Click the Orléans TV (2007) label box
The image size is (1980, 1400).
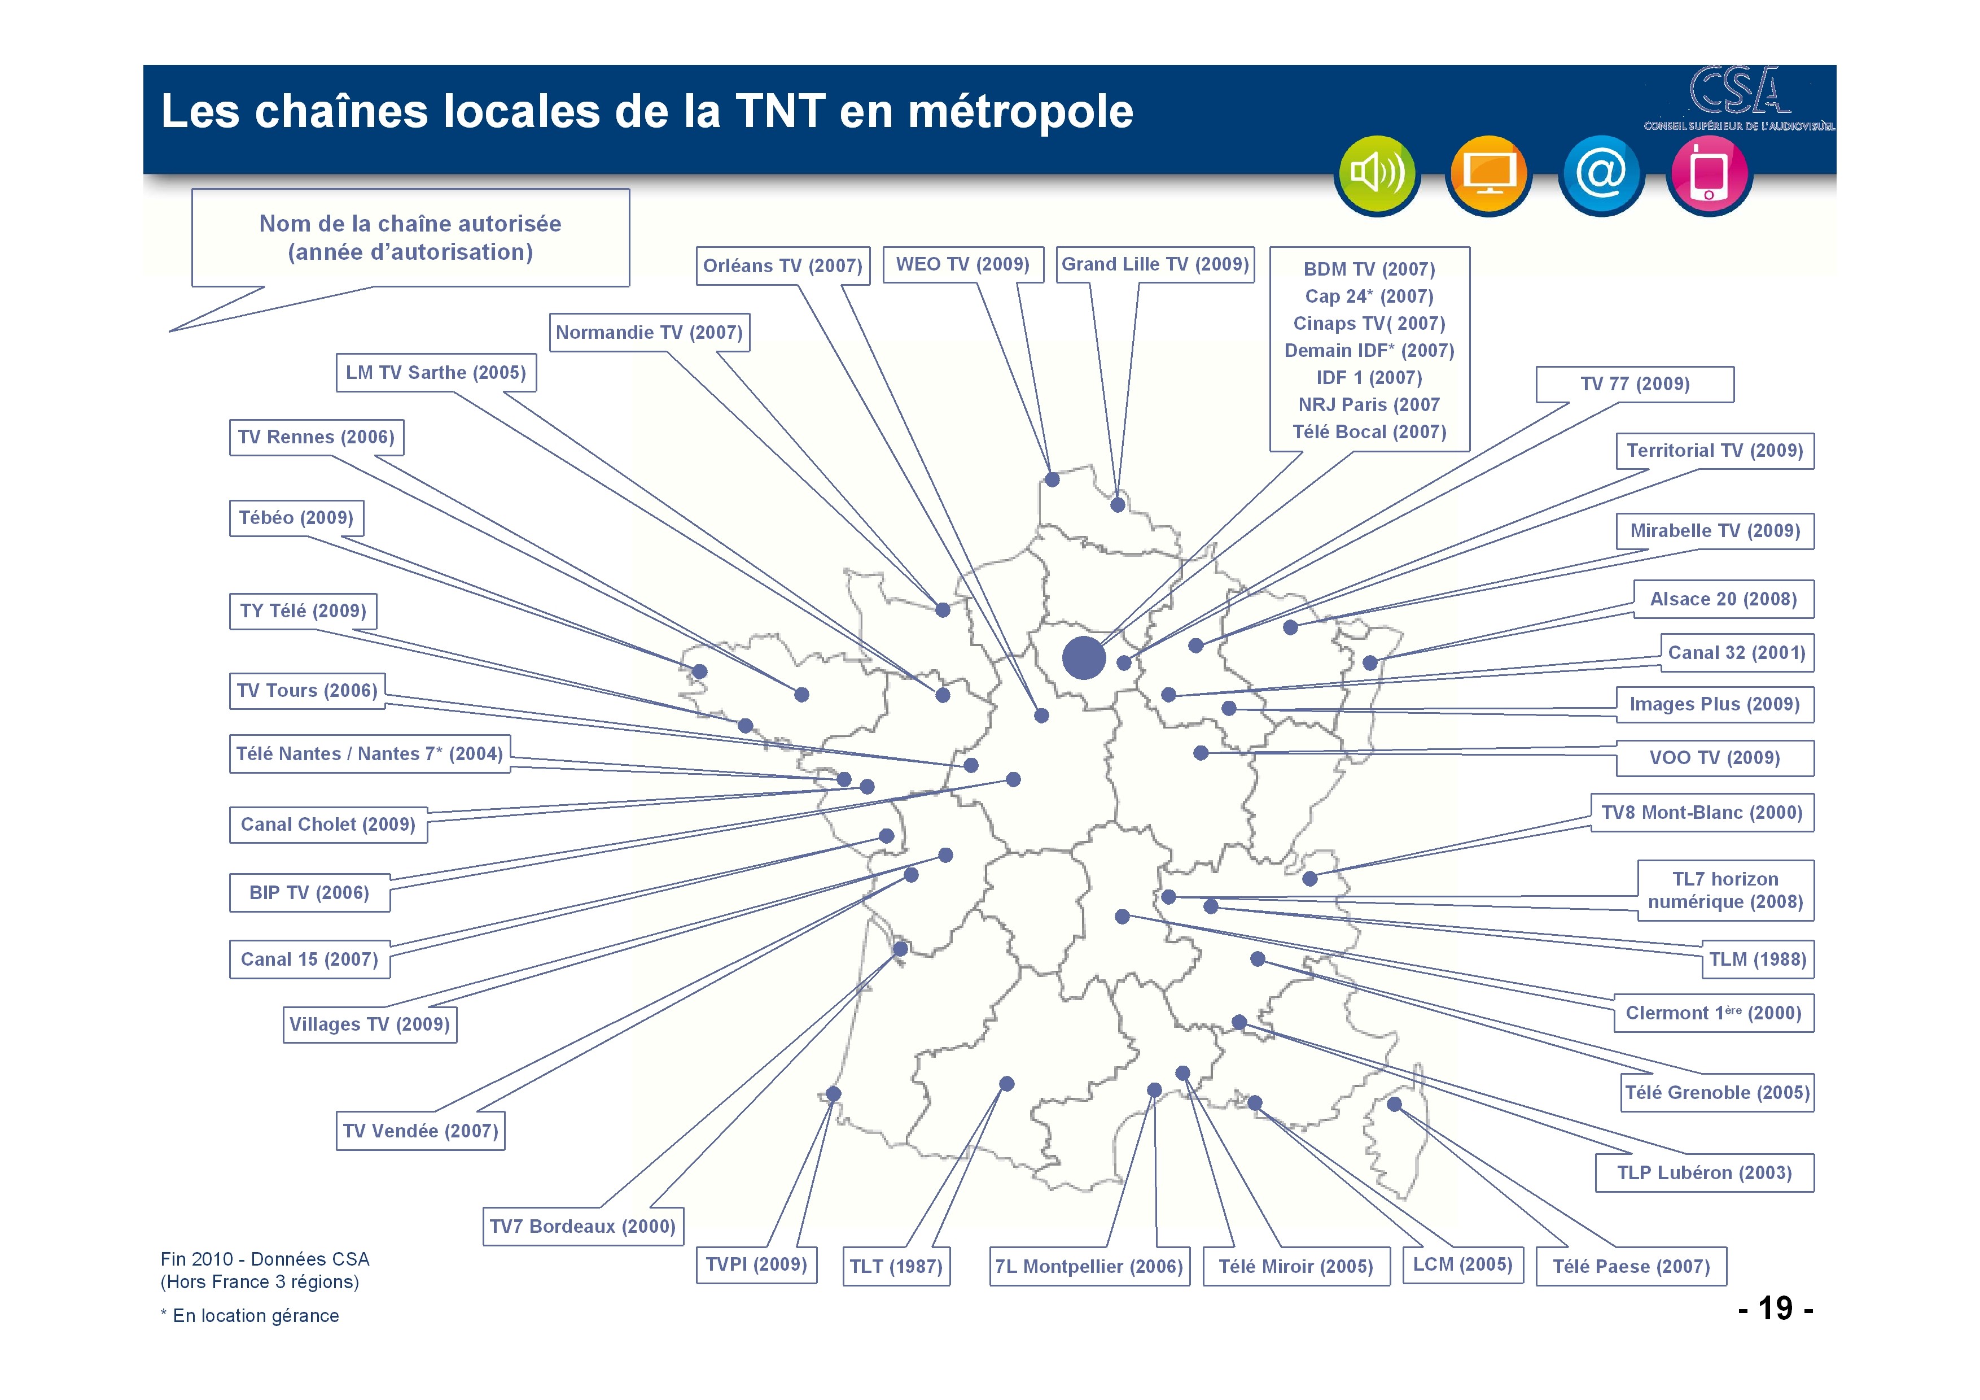click(x=783, y=265)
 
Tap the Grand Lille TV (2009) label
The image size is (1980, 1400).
click(x=1155, y=264)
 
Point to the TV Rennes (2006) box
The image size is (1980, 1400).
click(x=317, y=437)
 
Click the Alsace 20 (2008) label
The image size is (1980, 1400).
click(x=1723, y=599)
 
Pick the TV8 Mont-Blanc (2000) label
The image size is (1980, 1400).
click(x=1701, y=813)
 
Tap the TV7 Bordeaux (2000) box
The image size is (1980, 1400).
click(x=583, y=1225)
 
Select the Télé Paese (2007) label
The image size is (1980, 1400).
click(x=1631, y=1266)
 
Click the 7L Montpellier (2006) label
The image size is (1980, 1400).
click(x=1089, y=1266)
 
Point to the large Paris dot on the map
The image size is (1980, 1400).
click(x=1084, y=658)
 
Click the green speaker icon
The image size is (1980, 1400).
click(x=1377, y=175)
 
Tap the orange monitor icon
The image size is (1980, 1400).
click(x=1488, y=175)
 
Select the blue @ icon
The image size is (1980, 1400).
click(x=1601, y=175)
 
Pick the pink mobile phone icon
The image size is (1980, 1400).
click(x=1709, y=175)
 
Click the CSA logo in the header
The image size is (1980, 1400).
click(x=1738, y=98)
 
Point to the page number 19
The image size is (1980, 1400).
click(x=1776, y=1308)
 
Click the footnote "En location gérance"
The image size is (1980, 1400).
click(x=255, y=1315)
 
